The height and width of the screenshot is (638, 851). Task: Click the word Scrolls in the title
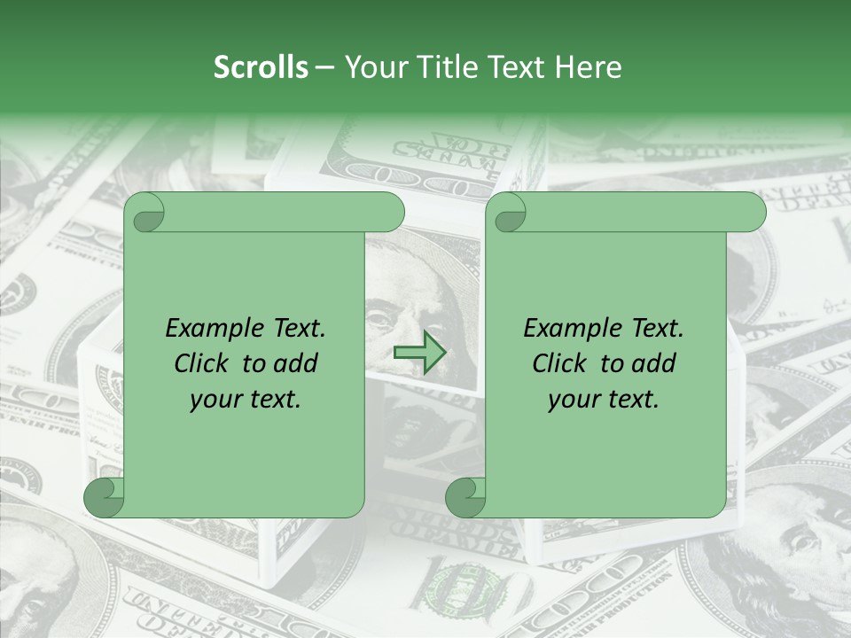tap(261, 67)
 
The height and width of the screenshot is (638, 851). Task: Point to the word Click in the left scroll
tap(204, 363)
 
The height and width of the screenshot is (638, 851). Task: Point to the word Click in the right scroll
tap(562, 363)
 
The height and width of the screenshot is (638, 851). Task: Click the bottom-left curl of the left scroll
tap(105, 498)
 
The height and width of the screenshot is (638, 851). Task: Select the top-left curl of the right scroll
tap(510, 213)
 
